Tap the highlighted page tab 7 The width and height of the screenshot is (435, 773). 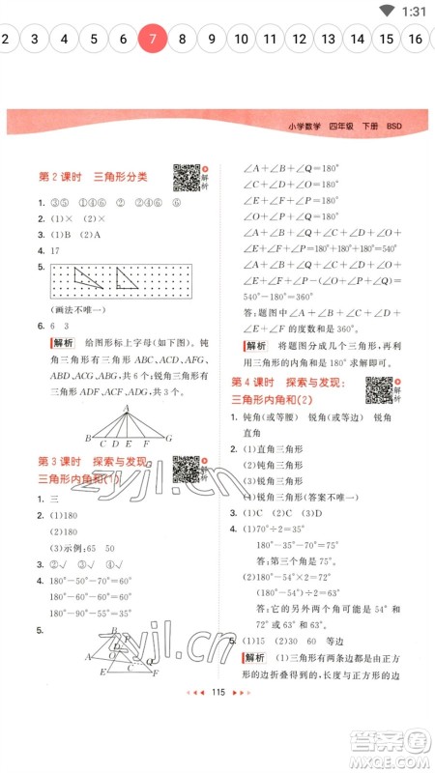pyautogui.click(x=152, y=40)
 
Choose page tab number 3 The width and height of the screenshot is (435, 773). pyautogui.click(x=34, y=40)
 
